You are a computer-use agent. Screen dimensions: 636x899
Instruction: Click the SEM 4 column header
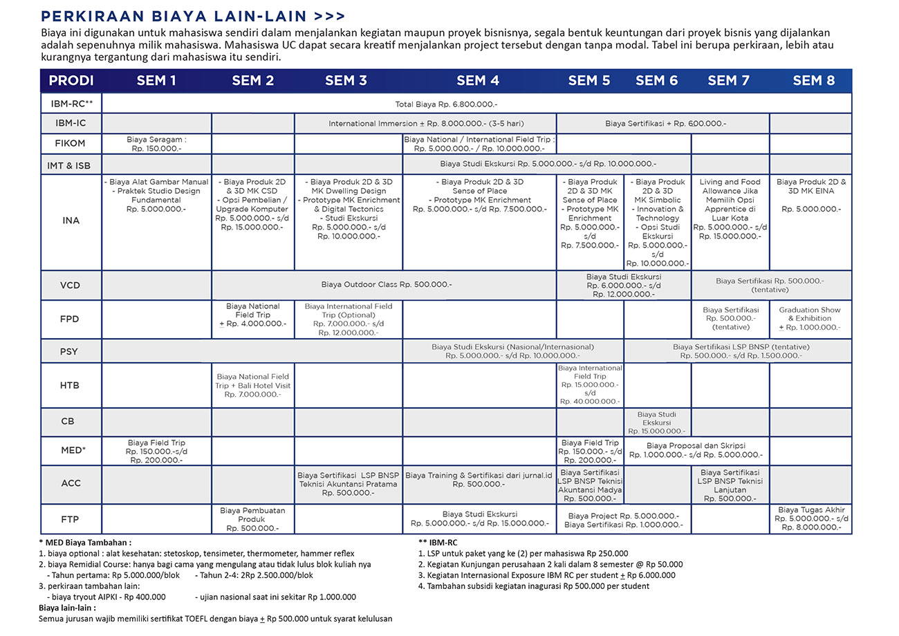pyautogui.click(x=478, y=81)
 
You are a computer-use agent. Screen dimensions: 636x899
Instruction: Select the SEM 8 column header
pyautogui.click(x=813, y=81)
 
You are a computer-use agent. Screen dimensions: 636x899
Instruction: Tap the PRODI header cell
pyautogui.click(x=71, y=81)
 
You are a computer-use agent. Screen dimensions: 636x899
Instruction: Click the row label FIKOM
pyautogui.click(x=71, y=144)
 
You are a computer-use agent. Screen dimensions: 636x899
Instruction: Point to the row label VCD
pyautogui.click(x=71, y=285)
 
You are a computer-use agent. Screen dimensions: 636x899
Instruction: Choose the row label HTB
pyautogui.click(x=71, y=385)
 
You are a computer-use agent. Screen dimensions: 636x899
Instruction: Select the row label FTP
pyautogui.click(x=71, y=519)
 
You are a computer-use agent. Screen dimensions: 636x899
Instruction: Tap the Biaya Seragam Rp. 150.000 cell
pyautogui.click(x=156, y=144)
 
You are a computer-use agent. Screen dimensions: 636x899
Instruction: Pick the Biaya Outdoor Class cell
pyautogui.click(x=387, y=284)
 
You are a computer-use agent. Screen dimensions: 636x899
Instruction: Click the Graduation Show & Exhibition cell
pyautogui.click(x=810, y=319)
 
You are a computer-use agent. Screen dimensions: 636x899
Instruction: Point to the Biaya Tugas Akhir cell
pyautogui.click(x=810, y=518)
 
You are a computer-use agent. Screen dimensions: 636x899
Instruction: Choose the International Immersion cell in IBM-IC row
pyautogui.click(x=426, y=124)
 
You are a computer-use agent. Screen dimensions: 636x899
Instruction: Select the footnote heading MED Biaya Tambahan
pyautogui.click(x=86, y=543)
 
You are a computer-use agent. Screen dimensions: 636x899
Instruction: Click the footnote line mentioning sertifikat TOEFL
pyautogui.click(x=215, y=619)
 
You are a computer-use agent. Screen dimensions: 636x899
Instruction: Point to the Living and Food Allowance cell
pyautogui.click(x=730, y=209)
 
